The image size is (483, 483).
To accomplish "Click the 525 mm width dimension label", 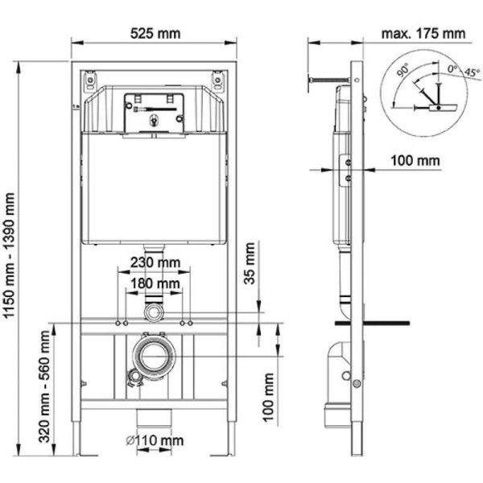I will pyautogui.click(x=155, y=33).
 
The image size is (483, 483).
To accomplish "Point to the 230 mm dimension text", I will pyautogui.click(x=155, y=263).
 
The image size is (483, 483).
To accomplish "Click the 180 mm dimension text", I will pyautogui.click(x=155, y=283).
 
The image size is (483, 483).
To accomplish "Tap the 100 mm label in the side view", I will pyautogui.click(x=416, y=160).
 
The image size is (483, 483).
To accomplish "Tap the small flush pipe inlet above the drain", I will pyautogui.click(x=153, y=310).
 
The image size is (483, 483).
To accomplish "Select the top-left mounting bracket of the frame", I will pyautogui.click(x=89, y=82).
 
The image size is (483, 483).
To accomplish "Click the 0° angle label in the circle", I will pyautogui.click(x=452, y=70).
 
